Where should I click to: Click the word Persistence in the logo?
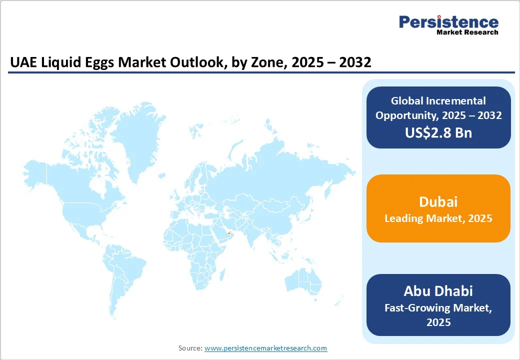(x=448, y=22)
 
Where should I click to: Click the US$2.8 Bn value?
(x=438, y=132)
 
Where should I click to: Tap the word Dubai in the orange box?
(x=438, y=202)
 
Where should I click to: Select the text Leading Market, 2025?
(x=438, y=218)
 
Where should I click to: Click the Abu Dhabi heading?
(x=438, y=291)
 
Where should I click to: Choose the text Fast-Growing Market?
(x=438, y=308)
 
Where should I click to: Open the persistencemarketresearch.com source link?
(x=265, y=348)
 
